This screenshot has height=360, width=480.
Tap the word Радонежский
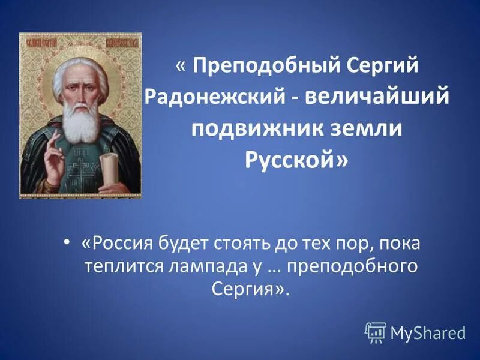[219, 97]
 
